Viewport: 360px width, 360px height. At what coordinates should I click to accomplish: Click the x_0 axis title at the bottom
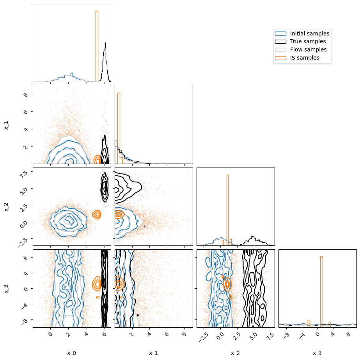coord(71,353)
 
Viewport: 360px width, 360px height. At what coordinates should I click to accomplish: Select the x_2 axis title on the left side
coord(7,207)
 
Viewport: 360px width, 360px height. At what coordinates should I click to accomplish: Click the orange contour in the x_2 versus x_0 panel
coord(96,214)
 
